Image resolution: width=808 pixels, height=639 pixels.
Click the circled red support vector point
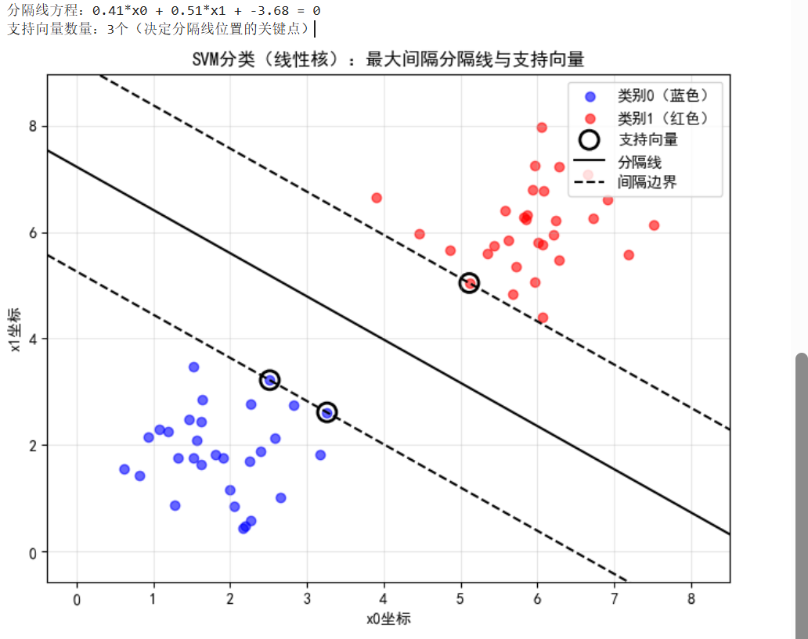pyautogui.click(x=469, y=283)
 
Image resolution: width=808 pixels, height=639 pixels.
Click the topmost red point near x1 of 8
pyautogui.click(x=541, y=127)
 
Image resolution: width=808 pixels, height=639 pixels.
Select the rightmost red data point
pyautogui.click(x=654, y=225)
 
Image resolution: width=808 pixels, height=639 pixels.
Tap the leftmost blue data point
pyautogui.click(x=124, y=469)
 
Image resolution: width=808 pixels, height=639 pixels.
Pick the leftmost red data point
pyautogui.click(x=377, y=198)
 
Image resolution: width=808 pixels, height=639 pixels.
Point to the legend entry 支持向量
pyautogui.click(x=647, y=140)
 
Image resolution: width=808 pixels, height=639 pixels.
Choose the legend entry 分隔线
pyautogui.click(x=640, y=162)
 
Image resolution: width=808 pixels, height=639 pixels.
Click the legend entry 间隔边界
pyautogui.click(x=647, y=183)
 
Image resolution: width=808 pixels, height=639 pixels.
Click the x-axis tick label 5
pyautogui.click(x=460, y=599)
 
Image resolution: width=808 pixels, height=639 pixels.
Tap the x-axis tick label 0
pyautogui.click(x=77, y=599)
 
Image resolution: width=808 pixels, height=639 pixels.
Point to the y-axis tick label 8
pyautogui.click(x=33, y=127)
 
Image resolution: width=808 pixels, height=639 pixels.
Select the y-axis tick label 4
pyautogui.click(x=33, y=339)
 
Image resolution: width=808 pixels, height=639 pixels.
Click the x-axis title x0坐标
pyautogui.click(x=388, y=619)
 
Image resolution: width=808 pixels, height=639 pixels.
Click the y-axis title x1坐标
pyautogui.click(x=16, y=339)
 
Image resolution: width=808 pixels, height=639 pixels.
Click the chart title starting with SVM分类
pyautogui.click(x=388, y=60)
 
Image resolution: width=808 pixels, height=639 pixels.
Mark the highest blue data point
pyautogui.click(x=193, y=367)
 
